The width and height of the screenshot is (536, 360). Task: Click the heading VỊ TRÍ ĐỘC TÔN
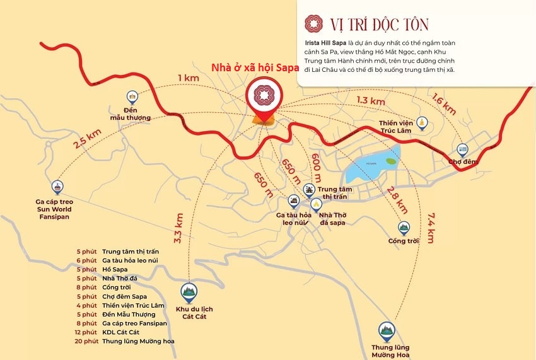click(x=380, y=25)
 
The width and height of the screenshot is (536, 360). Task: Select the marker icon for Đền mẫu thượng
click(x=132, y=97)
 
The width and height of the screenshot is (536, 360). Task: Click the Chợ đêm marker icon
click(x=463, y=151)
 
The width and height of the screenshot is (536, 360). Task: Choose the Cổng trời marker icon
click(x=404, y=227)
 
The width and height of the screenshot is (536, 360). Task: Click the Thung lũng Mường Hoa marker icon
click(x=387, y=330)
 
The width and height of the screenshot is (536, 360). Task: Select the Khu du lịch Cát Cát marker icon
click(x=188, y=291)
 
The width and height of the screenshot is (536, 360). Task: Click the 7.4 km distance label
click(x=431, y=226)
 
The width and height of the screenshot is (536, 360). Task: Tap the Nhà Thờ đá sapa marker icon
click(x=317, y=204)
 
